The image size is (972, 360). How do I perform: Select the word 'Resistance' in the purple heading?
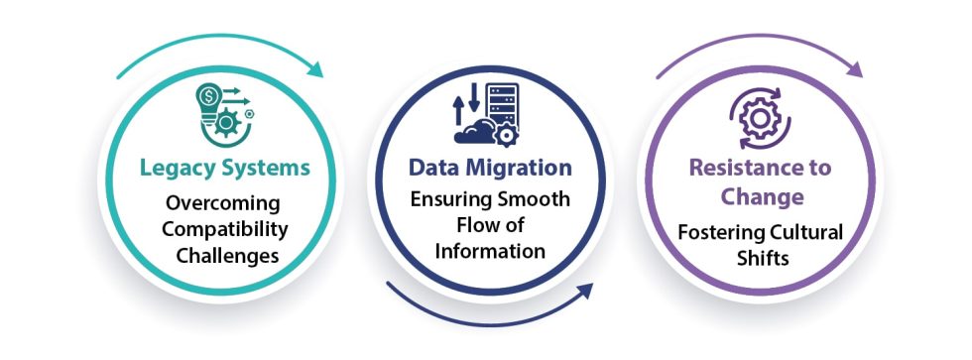point(732,168)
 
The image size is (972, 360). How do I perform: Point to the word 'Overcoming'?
point(223,203)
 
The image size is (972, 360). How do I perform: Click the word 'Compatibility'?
point(223,229)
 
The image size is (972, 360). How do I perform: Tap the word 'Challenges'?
point(223,256)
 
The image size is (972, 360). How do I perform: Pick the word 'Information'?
point(491,251)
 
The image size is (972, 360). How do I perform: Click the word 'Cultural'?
point(803,233)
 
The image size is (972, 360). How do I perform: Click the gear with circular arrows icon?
point(761,117)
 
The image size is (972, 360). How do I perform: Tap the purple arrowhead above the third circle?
point(854,70)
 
